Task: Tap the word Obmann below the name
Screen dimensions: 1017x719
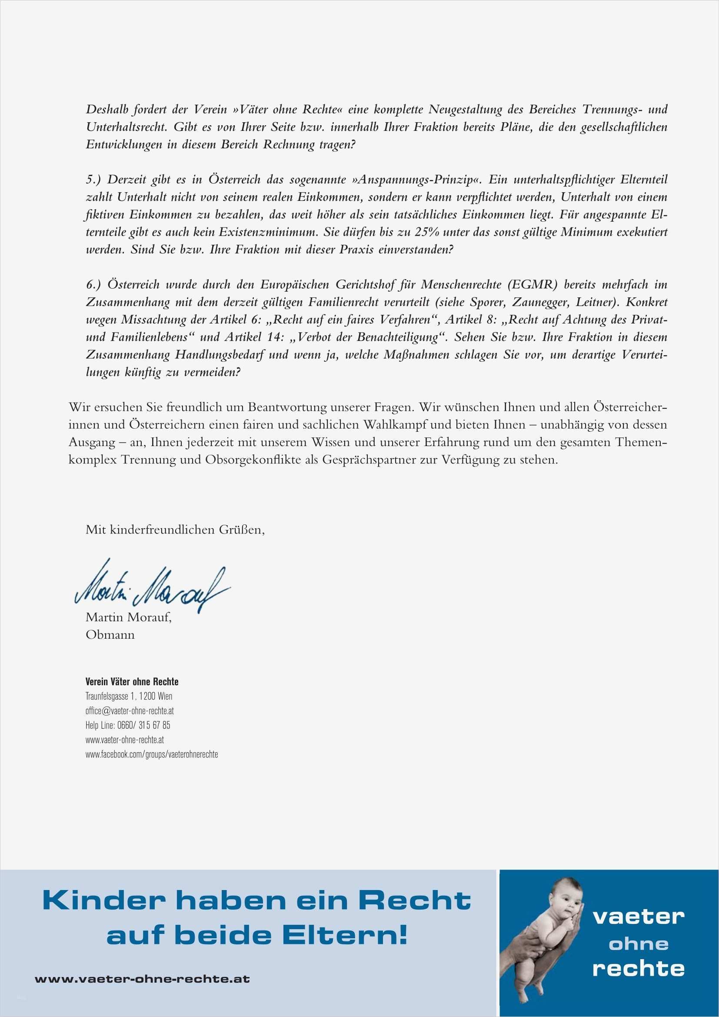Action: tap(110, 635)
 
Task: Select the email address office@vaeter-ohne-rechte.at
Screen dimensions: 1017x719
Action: tap(129, 710)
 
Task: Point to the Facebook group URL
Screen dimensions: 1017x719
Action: tap(151, 754)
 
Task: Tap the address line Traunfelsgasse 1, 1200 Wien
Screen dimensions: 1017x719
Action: tap(129, 696)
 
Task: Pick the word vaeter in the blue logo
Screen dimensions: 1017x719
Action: tap(639, 917)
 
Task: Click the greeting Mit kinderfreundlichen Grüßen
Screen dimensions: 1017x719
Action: tap(175, 530)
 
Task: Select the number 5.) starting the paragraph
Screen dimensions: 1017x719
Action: tap(94, 180)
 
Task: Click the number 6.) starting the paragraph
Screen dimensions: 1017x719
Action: tap(94, 285)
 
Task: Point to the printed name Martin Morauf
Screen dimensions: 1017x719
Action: tap(128, 617)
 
